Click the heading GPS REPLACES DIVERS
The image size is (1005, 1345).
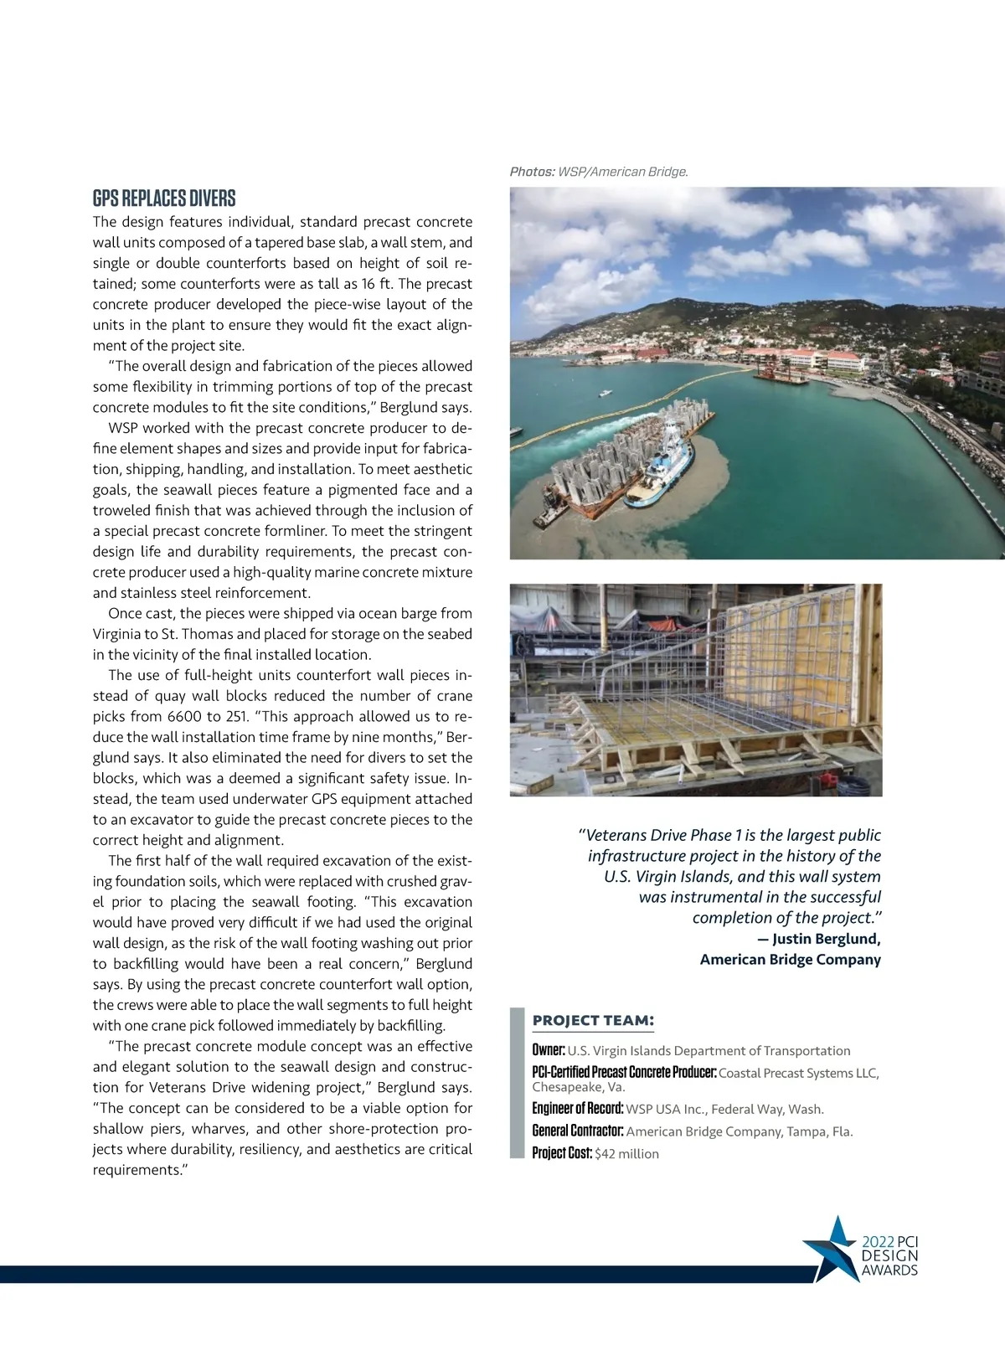(164, 198)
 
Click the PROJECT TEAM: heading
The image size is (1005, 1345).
(593, 1020)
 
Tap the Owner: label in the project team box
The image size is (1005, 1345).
(549, 1050)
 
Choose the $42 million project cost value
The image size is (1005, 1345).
(626, 1154)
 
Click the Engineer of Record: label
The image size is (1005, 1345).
(578, 1109)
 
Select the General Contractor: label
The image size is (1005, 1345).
(578, 1131)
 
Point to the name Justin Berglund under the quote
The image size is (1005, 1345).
(826, 939)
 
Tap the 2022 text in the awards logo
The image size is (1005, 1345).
(878, 1242)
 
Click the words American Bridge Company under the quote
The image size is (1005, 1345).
(790, 960)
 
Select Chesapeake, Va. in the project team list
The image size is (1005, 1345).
(579, 1087)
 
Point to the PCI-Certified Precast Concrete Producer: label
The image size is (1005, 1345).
(624, 1073)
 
